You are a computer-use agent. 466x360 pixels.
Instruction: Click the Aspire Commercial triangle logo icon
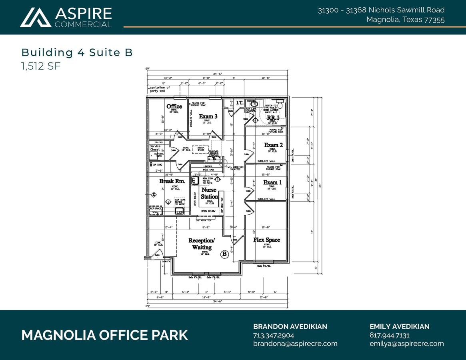coord(35,18)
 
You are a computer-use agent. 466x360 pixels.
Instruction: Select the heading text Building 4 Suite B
coord(77,52)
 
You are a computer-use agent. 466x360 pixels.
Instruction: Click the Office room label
coord(174,106)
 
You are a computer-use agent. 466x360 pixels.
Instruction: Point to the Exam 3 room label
coord(208,116)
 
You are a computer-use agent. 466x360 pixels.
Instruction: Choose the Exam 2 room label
coord(273,145)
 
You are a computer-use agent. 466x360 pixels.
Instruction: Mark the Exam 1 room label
coord(272,182)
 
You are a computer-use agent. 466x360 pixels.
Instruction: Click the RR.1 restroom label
coord(273,118)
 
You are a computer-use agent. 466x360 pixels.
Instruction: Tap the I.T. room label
coord(240,103)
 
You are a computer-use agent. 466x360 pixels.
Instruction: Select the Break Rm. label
coord(172,181)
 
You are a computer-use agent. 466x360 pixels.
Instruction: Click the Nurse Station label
coord(209,193)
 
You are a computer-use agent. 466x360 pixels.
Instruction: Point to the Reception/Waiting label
coord(202,244)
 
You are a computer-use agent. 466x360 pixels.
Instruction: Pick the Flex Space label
coord(266,240)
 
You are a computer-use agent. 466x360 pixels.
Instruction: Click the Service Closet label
coord(155,148)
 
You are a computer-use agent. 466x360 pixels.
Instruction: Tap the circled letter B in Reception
coord(224,254)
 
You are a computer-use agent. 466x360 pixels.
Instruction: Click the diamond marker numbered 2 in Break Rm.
coord(153,195)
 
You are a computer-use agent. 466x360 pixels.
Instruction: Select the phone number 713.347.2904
coord(273,335)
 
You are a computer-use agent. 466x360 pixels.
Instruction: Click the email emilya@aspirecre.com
coord(406,344)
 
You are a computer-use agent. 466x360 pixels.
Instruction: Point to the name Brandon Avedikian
coord(290,326)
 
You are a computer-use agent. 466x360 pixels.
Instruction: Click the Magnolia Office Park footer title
coord(104,335)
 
